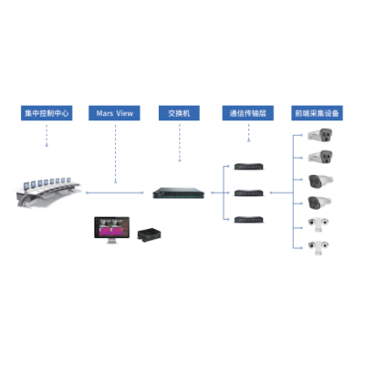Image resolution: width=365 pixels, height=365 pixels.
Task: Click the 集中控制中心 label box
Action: tap(47, 113)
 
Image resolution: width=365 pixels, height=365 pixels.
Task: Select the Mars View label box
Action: tap(114, 113)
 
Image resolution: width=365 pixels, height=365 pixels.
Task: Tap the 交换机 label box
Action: tap(179, 113)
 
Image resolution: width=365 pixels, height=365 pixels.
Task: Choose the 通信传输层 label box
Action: tap(248, 113)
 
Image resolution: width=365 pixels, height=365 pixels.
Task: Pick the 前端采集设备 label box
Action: tap(317, 113)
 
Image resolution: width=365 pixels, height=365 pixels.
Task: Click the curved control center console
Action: tap(48, 193)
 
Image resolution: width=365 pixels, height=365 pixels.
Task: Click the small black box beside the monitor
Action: tap(149, 235)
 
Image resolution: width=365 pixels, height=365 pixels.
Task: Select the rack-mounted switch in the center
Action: tap(179, 193)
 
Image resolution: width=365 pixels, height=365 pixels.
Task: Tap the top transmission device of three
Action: tap(249, 167)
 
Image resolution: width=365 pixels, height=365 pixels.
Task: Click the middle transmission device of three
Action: tap(249, 193)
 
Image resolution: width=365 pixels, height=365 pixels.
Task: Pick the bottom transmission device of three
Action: tap(249, 219)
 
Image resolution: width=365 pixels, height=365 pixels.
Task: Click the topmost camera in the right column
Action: tap(320, 135)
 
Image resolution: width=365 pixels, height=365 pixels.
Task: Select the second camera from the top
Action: tap(320, 157)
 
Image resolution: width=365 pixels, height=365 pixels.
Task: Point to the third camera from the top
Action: tap(320, 182)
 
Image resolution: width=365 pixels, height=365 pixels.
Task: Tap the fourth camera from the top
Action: tap(319, 203)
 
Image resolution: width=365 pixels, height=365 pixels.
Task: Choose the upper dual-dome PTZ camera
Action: tap(318, 224)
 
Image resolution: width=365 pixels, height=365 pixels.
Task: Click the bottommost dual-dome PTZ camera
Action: tap(318, 248)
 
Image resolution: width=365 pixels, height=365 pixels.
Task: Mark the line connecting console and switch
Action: tap(115, 193)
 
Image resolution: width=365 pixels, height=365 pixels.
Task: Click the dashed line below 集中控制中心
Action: tap(47, 135)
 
